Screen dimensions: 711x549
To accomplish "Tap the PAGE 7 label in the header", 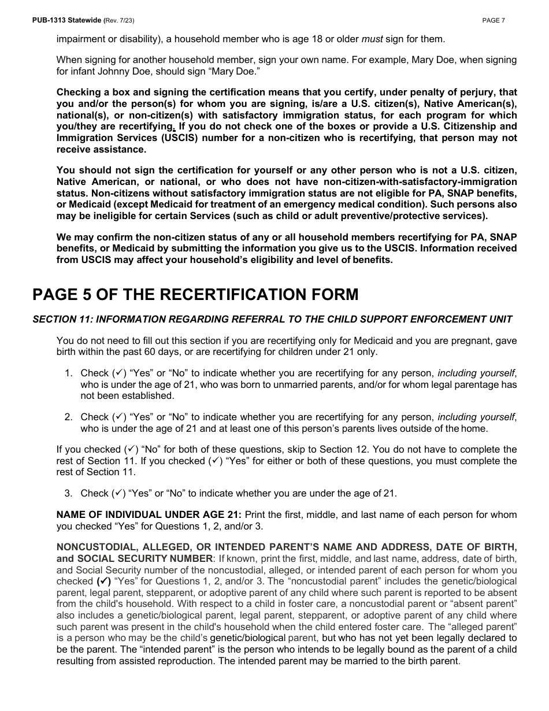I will point(494,20).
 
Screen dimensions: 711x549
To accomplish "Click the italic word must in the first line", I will point(372,39).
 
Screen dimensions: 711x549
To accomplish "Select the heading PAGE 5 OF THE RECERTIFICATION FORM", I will point(195,295).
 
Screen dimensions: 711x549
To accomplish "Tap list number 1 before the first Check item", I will point(68,373).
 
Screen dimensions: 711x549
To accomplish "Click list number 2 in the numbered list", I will point(68,417).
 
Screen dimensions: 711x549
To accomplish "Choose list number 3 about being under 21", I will point(68,493).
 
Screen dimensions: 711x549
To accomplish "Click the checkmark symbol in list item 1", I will point(118,373).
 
